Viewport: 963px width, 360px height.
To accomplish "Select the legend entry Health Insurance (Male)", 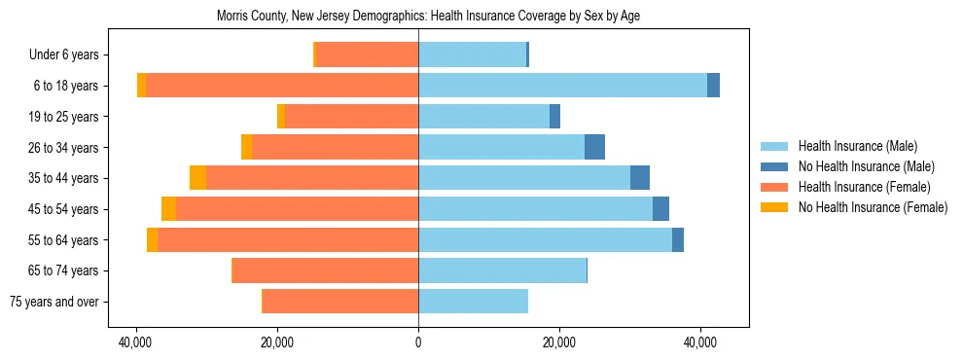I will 857,146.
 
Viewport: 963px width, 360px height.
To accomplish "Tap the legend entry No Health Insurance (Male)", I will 866,166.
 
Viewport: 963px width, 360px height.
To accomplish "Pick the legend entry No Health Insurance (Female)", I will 873,207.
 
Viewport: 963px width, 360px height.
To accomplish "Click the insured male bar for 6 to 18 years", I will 562,86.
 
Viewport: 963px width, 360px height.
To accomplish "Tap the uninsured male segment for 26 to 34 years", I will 594,147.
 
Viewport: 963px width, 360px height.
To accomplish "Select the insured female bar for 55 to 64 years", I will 288,239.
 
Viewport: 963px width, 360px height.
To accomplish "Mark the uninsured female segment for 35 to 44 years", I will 197,178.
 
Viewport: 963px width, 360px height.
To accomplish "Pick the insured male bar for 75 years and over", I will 473,302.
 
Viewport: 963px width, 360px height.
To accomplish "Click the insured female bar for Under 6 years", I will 368,54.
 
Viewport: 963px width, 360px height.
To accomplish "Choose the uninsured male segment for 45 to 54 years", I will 660,209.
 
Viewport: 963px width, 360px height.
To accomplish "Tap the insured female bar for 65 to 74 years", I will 325,270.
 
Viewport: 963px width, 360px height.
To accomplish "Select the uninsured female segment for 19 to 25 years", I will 281,117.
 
